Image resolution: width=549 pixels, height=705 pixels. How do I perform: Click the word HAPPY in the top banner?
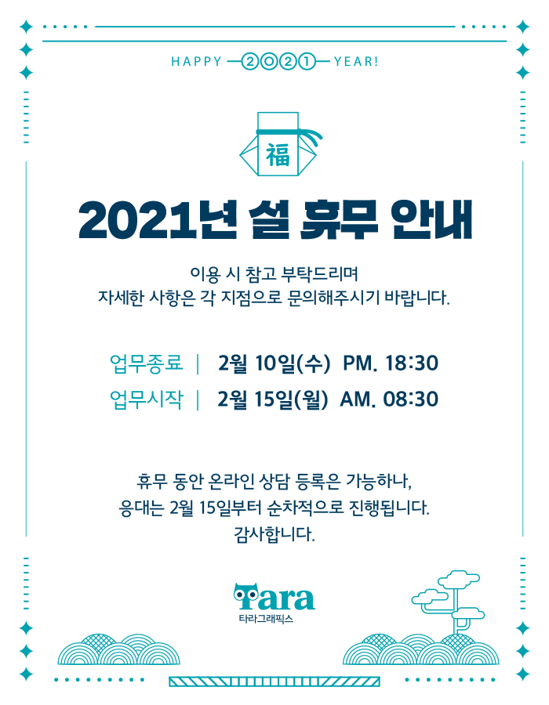(x=197, y=61)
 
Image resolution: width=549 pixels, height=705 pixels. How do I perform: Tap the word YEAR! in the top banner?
(x=356, y=61)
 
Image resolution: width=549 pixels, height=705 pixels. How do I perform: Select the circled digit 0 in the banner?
(x=269, y=61)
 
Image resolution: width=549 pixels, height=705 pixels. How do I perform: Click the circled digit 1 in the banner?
(x=307, y=61)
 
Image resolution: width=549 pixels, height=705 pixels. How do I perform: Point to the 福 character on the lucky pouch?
(x=278, y=155)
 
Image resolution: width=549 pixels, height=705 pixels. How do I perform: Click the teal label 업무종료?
(x=146, y=363)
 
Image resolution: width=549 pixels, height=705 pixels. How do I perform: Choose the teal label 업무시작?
(x=146, y=399)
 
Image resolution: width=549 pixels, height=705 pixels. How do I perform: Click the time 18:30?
(x=412, y=363)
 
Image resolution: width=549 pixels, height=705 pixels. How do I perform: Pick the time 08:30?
(x=410, y=399)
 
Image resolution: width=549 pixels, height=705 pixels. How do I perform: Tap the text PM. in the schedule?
(x=360, y=363)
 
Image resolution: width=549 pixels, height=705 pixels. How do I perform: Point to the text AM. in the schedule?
(x=358, y=399)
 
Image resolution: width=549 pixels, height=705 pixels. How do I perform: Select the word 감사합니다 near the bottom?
(x=274, y=534)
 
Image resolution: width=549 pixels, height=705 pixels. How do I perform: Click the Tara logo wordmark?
(x=274, y=597)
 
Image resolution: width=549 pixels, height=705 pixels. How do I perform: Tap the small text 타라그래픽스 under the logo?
(x=266, y=619)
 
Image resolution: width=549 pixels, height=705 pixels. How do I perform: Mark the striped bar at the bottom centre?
(x=274, y=681)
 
